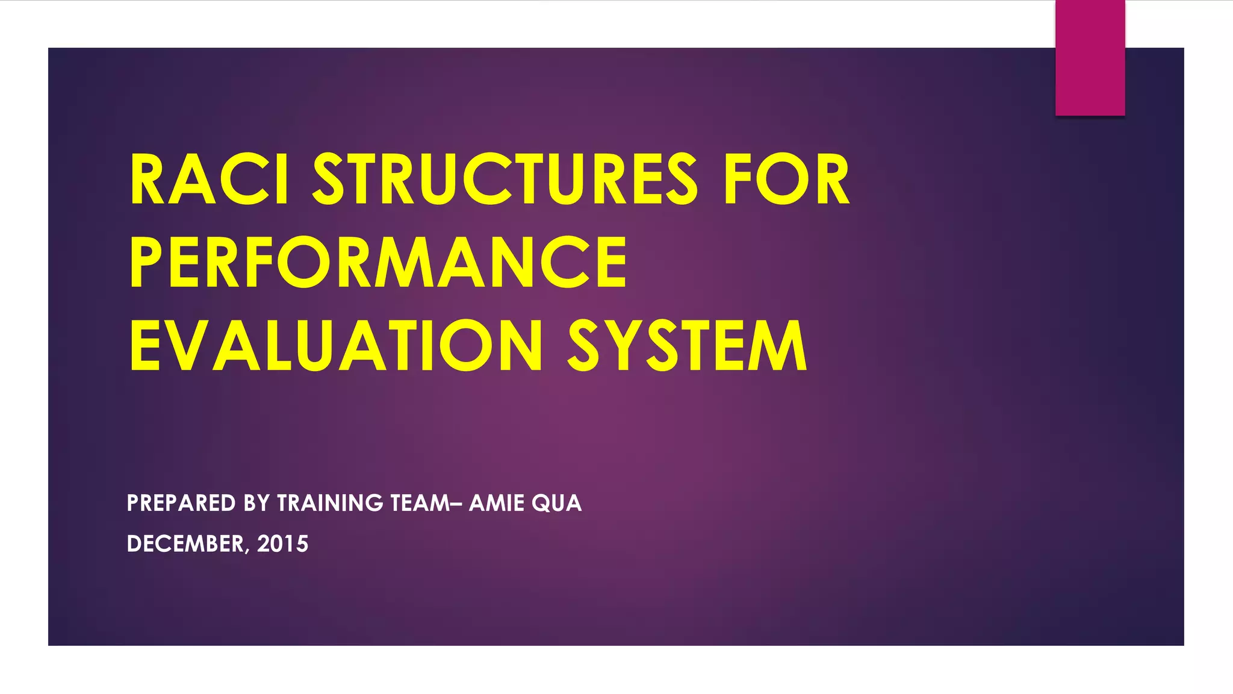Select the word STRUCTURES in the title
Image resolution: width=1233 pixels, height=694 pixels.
[x=505, y=180]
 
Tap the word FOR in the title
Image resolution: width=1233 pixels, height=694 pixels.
[x=787, y=180]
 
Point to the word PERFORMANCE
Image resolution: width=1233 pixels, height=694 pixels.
[x=378, y=262]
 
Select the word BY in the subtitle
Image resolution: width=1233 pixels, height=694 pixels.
[x=256, y=503]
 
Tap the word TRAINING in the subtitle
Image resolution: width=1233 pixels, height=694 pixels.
[x=330, y=503]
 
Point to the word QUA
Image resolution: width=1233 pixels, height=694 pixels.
[x=557, y=503]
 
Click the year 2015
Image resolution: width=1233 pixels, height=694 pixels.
[x=283, y=544]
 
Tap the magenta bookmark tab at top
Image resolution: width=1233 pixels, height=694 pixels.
[x=1090, y=58]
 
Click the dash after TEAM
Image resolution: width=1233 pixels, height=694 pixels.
[x=456, y=504]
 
